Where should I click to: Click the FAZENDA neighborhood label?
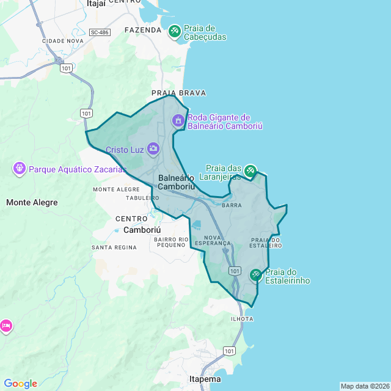coord(143,29)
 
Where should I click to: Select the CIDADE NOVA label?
coord(63,41)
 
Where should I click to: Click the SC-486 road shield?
coord(99,32)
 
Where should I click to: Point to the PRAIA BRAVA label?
coord(179,93)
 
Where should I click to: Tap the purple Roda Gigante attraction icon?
coord(178,120)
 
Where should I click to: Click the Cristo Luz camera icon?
coord(153,148)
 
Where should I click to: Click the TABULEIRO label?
coord(138,198)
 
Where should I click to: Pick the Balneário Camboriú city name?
coord(177,182)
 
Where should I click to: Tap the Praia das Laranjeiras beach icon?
coord(250,171)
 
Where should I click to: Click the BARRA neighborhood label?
coord(232,206)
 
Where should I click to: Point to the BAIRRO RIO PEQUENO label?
coord(170,242)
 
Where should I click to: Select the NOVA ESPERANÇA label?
coord(218,240)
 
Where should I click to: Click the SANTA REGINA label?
coord(114,247)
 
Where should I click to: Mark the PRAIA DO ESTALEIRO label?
coord(266,243)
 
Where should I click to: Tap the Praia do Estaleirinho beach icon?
coord(255,276)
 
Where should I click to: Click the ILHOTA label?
coord(242,319)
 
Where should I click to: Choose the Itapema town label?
coord(205,379)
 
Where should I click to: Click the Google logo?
coord(20,384)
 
